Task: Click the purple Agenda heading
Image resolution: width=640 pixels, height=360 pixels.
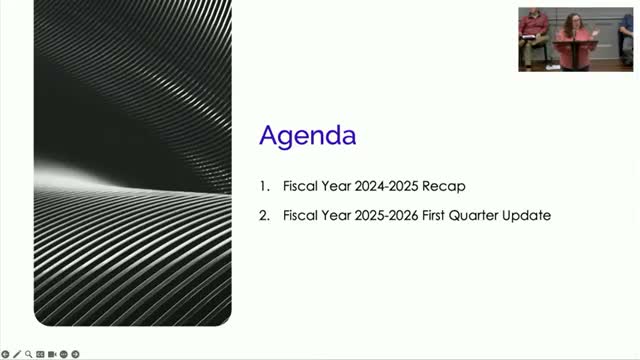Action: click(x=308, y=136)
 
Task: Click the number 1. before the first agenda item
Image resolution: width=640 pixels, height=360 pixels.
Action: click(x=263, y=186)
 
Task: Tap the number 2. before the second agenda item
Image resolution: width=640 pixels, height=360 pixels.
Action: click(x=263, y=215)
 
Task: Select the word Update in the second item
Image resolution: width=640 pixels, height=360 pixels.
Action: click(x=526, y=215)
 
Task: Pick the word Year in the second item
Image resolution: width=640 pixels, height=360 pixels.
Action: click(x=334, y=215)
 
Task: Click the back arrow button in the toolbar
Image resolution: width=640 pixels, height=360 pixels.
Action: click(x=5, y=354)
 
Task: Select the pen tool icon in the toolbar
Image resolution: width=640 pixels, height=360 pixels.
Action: click(x=17, y=354)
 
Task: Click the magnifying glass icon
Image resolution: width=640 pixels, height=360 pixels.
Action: click(x=28, y=354)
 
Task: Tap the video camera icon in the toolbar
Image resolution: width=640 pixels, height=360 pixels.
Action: click(x=52, y=354)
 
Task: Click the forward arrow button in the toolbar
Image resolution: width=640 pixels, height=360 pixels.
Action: click(x=76, y=354)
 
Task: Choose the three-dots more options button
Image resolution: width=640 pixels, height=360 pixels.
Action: click(x=64, y=354)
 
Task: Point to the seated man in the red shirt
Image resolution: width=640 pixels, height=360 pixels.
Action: click(x=532, y=35)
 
